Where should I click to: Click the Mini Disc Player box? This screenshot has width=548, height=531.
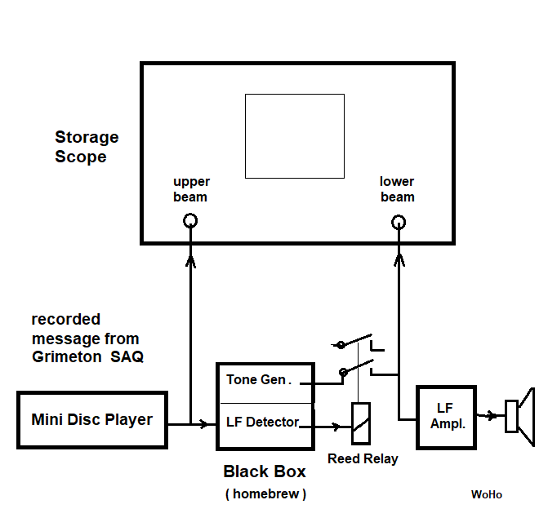pyautogui.click(x=91, y=420)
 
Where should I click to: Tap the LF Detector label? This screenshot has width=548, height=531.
pyautogui.click(x=262, y=423)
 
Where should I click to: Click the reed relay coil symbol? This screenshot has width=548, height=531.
pyautogui.click(x=360, y=424)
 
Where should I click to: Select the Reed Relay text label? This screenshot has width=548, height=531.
pyautogui.click(x=363, y=458)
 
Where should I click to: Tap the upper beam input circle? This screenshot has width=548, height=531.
pyautogui.click(x=191, y=220)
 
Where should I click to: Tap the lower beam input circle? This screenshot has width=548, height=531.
pyautogui.click(x=399, y=222)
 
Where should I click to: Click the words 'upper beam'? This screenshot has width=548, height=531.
pyautogui.click(x=191, y=189)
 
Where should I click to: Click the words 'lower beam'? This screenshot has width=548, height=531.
pyautogui.click(x=397, y=189)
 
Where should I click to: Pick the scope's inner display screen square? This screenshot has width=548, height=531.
pyautogui.click(x=295, y=135)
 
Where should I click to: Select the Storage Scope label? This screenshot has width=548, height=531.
pyautogui.click(x=86, y=147)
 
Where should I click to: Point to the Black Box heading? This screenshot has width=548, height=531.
pyautogui.click(x=265, y=471)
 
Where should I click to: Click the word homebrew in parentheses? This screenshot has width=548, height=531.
pyautogui.click(x=265, y=493)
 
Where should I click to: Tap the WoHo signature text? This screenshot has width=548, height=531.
pyautogui.click(x=487, y=495)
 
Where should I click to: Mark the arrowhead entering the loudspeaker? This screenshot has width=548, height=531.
pyautogui.click(x=493, y=415)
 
